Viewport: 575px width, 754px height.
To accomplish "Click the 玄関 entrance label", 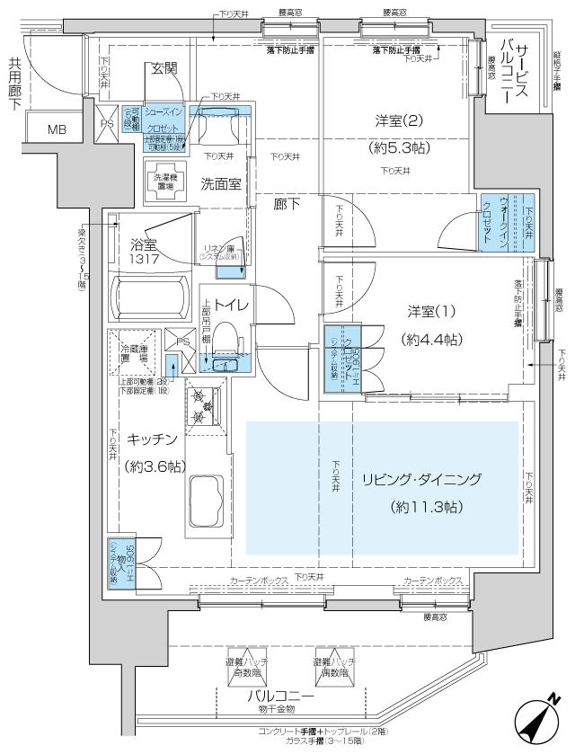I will click(163, 68).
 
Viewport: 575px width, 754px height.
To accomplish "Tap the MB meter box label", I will click(57, 129).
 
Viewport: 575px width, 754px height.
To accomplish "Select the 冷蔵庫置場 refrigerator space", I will click(133, 352).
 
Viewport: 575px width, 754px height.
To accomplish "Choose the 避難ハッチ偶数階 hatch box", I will click(333, 666).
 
